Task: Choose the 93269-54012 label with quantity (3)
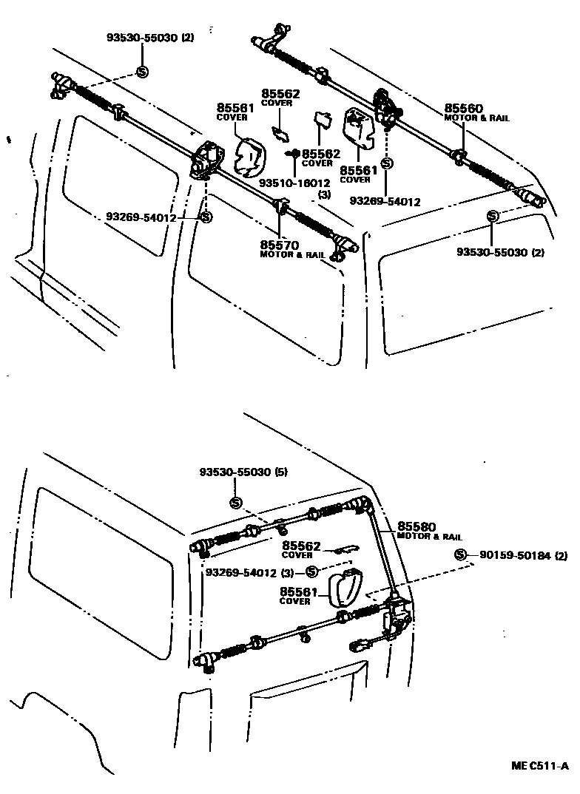tap(241, 572)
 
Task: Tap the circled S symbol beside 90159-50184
tap(460, 555)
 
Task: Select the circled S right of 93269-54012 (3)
tap(311, 571)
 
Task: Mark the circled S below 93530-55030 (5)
tap(236, 503)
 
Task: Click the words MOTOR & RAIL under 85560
tap(476, 118)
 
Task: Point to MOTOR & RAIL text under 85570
tap(293, 254)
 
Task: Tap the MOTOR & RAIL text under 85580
tap(429, 537)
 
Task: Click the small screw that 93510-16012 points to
tap(294, 153)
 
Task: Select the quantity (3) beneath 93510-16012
tap(323, 195)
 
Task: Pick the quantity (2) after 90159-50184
tap(562, 555)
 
